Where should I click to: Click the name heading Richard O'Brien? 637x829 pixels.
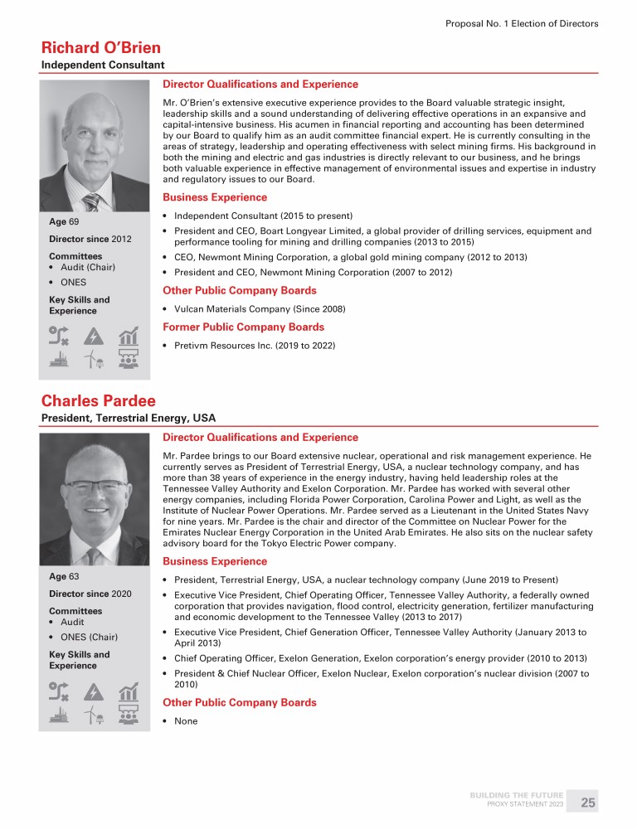pos(101,47)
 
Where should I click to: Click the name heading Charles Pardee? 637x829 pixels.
pos(98,401)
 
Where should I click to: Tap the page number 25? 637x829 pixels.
pos(588,802)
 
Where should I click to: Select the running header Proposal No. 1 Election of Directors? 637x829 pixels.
pos(522,24)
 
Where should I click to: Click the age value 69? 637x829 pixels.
pos(73,223)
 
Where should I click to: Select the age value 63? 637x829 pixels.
pos(74,576)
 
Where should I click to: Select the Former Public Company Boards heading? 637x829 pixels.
pos(244,327)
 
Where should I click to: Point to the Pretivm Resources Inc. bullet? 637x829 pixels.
pos(255,346)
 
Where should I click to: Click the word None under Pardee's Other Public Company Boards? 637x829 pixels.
pos(187,721)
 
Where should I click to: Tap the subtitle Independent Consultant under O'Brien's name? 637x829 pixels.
pos(103,65)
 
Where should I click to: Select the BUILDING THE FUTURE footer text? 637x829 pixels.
pos(516,796)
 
